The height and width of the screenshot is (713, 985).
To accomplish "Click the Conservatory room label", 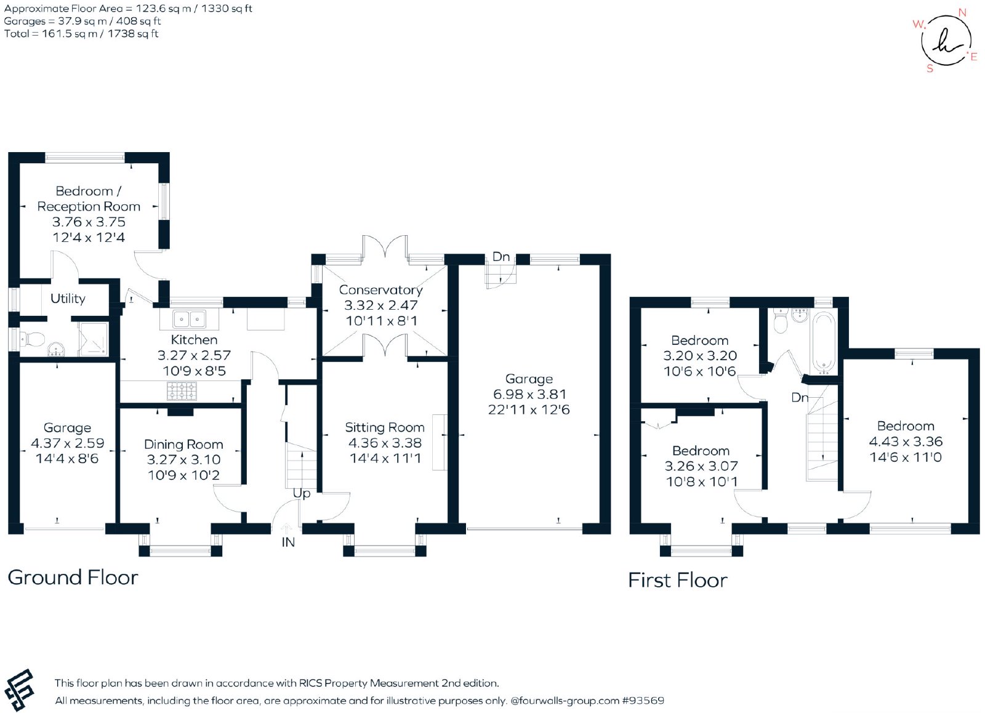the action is [x=381, y=290].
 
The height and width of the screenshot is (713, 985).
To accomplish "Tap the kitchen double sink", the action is [x=190, y=319].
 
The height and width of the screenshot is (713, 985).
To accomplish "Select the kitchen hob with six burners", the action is [x=182, y=391].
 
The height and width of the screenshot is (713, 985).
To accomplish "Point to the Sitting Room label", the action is [x=385, y=427].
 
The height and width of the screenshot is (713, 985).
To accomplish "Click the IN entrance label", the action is [x=288, y=542].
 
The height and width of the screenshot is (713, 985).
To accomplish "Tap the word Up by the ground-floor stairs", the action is [x=302, y=494].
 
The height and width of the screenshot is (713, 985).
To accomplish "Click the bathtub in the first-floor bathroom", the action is [x=823, y=343].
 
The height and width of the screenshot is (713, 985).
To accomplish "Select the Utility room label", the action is [x=68, y=299].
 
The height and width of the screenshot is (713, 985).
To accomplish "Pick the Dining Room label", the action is [x=183, y=445].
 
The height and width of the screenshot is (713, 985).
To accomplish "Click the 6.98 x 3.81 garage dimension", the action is [x=529, y=394].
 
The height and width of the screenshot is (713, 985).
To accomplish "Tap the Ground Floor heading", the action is [x=73, y=578].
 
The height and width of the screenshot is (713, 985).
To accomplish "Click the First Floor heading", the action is [x=678, y=580].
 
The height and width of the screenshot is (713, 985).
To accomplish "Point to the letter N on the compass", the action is [x=962, y=13].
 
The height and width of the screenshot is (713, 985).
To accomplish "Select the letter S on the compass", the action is [x=930, y=68].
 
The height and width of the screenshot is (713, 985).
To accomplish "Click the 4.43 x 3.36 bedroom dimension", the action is [x=906, y=441].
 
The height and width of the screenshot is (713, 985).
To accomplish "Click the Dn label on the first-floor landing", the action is [x=800, y=398].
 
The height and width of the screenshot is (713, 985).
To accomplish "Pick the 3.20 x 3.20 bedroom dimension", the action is [x=700, y=355].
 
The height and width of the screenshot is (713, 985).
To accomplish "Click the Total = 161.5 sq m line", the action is [x=81, y=34].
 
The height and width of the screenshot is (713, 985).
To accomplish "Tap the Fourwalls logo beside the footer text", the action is [x=19, y=690].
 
